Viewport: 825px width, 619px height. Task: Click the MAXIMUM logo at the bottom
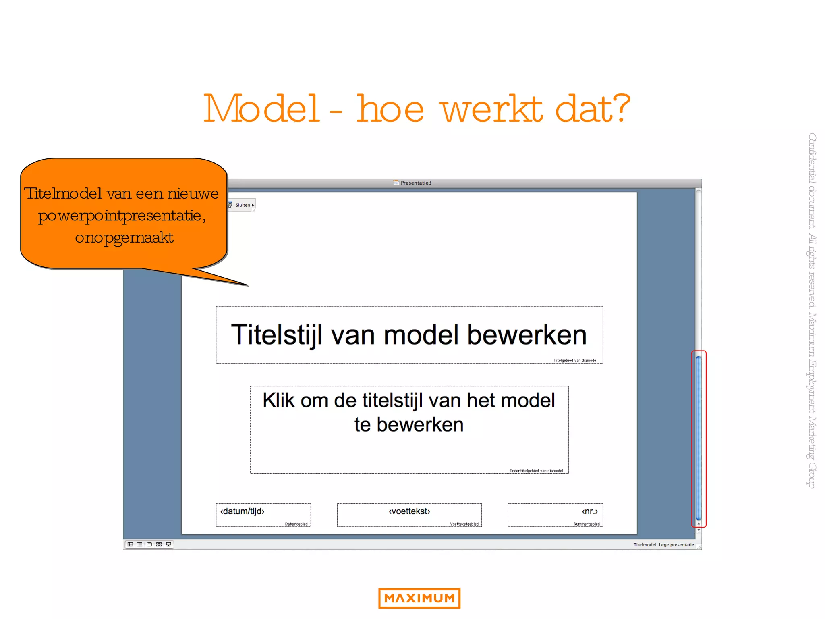coord(419,598)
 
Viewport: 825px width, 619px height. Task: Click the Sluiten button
coord(243,205)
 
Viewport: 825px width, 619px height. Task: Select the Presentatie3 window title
coord(415,183)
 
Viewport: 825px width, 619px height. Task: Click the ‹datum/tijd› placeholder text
coord(242,511)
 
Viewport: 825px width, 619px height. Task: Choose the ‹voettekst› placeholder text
coord(409,511)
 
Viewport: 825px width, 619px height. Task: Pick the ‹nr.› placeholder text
coord(590,511)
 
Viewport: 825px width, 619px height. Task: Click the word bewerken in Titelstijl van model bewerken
coord(527,335)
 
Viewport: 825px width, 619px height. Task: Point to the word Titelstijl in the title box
coord(277,335)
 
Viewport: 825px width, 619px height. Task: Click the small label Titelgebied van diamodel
coord(575,361)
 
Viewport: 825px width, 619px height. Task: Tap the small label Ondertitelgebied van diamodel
coord(536,471)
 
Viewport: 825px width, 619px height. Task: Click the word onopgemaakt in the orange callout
coord(124,238)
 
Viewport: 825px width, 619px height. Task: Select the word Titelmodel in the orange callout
coord(64,194)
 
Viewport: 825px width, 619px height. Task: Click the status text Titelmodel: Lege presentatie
coord(663,545)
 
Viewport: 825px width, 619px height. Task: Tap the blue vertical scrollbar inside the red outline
coord(699,437)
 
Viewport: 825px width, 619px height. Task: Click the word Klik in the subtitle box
coord(278,401)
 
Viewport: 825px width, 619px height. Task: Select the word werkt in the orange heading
coord(491,110)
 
